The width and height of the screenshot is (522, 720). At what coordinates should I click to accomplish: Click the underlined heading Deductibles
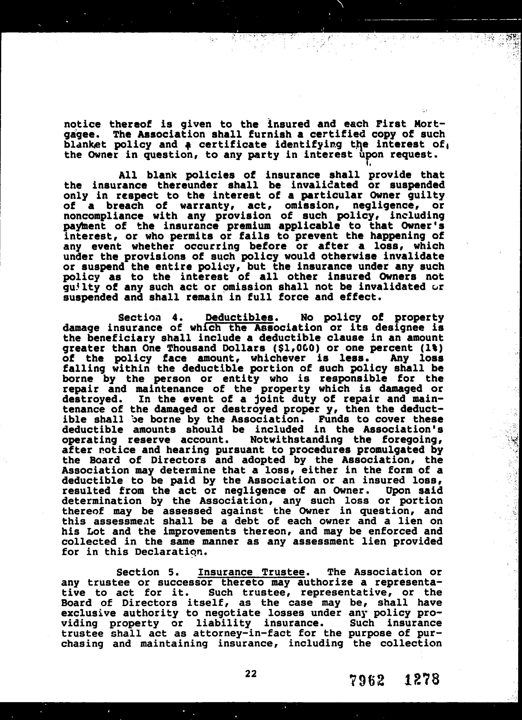240,317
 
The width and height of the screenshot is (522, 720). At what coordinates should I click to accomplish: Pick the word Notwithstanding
296,440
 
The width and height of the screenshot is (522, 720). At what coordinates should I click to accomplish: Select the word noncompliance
103,216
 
